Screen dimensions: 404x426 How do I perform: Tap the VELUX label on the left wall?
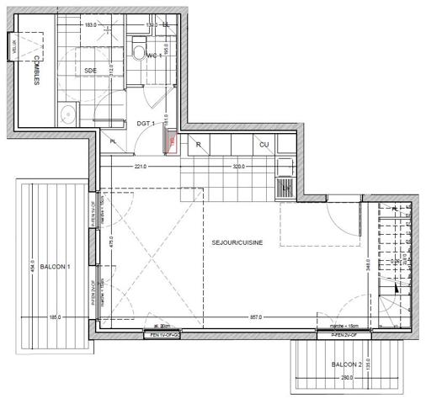click(x=13, y=49)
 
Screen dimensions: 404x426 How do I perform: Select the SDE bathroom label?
click(x=90, y=70)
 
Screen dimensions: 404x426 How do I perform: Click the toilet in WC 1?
click(x=139, y=54)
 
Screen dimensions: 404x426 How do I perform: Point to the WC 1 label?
click(x=154, y=56)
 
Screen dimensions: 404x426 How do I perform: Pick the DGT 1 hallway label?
click(x=146, y=125)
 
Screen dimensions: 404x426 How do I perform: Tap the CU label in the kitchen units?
click(x=264, y=145)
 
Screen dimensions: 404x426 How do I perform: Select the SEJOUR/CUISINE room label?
click(x=237, y=242)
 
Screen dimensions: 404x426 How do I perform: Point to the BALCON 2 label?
click(x=346, y=364)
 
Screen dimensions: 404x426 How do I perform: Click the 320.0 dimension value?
click(x=239, y=167)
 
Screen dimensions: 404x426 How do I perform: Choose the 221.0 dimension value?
click(x=140, y=167)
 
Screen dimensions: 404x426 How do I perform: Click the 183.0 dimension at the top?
click(x=90, y=25)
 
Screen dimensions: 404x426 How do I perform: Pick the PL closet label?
click(x=114, y=141)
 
